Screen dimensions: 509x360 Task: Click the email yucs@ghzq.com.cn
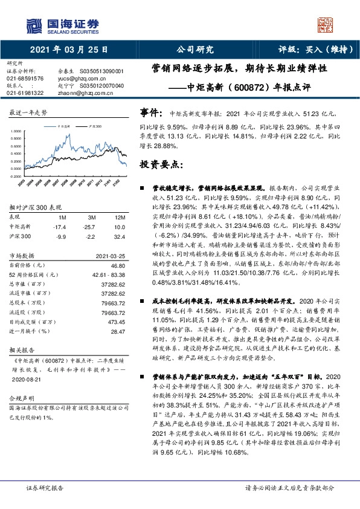click(x=74, y=79)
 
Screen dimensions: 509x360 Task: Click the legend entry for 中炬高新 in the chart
click(x=63, y=128)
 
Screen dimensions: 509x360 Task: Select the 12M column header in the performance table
click(x=120, y=217)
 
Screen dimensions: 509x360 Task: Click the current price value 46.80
click(x=118, y=265)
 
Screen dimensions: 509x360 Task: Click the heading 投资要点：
click(x=161, y=164)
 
